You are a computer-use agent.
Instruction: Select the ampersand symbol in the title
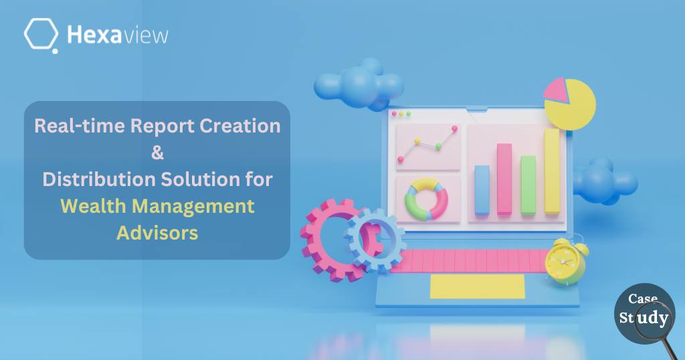click(x=157, y=153)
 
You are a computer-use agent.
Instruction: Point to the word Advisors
click(x=157, y=232)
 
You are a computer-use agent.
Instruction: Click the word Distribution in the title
click(x=99, y=179)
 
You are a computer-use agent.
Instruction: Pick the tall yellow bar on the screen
click(x=552, y=171)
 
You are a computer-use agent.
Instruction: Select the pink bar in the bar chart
click(x=504, y=179)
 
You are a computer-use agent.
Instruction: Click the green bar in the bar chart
click(x=528, y=185)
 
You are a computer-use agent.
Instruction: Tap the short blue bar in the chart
click(x=482, y=190)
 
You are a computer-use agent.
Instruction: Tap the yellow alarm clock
click(x=566, y=260)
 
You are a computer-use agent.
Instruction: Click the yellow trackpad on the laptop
click(x=478, y=286)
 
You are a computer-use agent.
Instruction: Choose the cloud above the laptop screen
click(x=359, y=84)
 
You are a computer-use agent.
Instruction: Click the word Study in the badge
click(x=644, y=318)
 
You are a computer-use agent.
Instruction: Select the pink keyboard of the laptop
click(x=470, y=261)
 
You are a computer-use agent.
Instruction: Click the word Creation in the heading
click(x=240, y=126)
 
